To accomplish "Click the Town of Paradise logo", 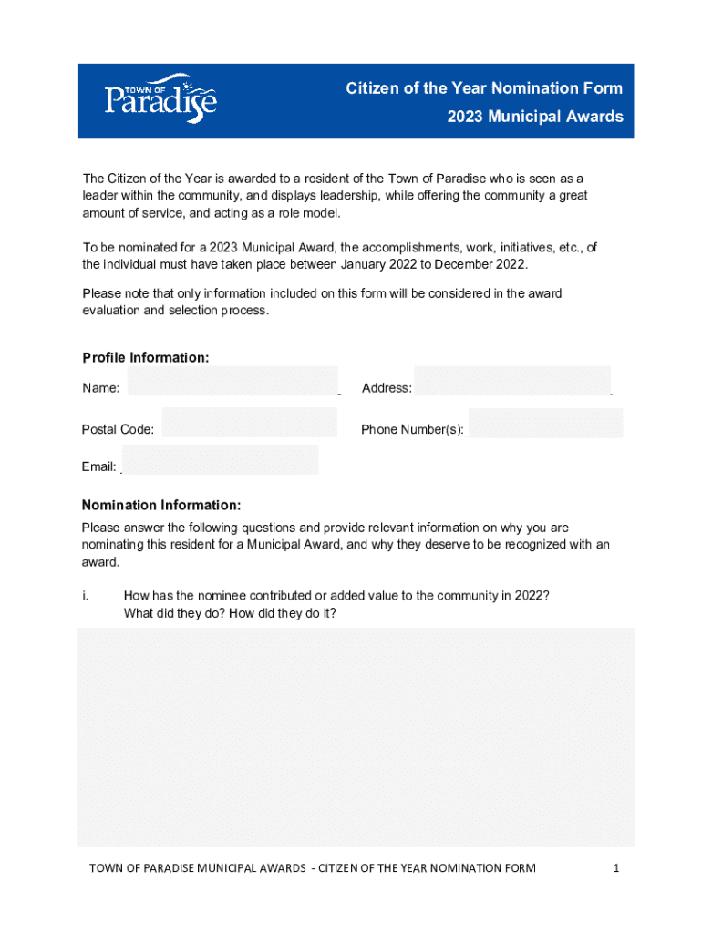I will pyautogui.click(x=160, y=98).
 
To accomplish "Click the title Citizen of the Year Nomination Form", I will pyautogui.click(x=484, y=88).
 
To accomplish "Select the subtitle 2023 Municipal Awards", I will pyautogui.click(x=535, y=117).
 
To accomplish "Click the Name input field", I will pyautogui.click(x=232, y=382).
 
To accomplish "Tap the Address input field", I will pyautogui.click(x=511, y=381).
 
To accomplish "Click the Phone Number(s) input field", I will pyautogui.click(x=545, y=423).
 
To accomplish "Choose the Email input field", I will pyautogui.click(x=220, y=460).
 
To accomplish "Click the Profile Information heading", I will pyautogui.click(x=146, y=357).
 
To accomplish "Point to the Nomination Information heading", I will pyautogui.click(x=161, y=505).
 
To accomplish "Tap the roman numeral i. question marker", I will pyautogui.click(x=85, y=596).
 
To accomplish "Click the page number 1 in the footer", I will pyautogui.click(x=616, y=868).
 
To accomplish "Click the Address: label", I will pyautogui.click(x=387, y=388).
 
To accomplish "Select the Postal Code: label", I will pyautogui.click(x=118, y=430).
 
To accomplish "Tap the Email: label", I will pyautogui.click(x=98, y=467).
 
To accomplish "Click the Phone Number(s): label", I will pyautogui.click(x=413, y=430).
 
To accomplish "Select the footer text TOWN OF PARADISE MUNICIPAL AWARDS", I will pyautogui.click(x=197, y=868).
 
